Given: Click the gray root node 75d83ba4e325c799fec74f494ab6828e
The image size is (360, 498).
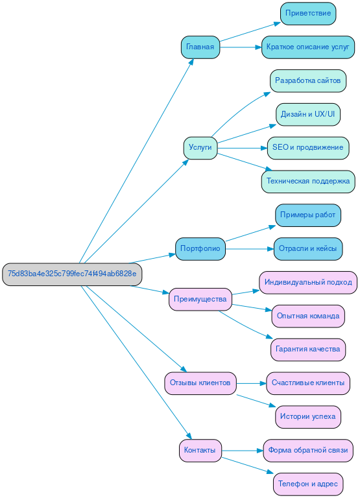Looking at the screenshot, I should [72, 274].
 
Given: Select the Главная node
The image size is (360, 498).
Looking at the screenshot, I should [200, 47].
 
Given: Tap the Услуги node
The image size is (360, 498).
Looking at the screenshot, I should [200, 148].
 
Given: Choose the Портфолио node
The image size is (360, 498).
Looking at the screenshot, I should [200, 248].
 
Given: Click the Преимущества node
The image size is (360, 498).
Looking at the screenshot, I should [200, 299].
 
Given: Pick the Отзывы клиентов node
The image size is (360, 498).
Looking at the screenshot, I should [200, 383].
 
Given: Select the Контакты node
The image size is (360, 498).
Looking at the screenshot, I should [200, 450].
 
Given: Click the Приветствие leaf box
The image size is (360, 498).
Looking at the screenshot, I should [308, 14].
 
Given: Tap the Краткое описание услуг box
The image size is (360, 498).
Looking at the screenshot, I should [308, 47].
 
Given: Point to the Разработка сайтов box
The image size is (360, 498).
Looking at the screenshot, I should [308, 81].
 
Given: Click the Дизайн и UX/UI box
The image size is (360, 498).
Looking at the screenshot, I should [308, 114].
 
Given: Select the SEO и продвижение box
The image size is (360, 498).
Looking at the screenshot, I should [308, 148].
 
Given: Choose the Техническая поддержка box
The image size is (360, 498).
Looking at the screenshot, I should [308, 182].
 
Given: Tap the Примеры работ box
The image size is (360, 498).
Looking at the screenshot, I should [308, 215].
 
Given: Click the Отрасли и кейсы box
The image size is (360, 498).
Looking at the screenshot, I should [308, 248].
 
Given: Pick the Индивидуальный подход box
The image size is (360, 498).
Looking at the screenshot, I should [308, 283].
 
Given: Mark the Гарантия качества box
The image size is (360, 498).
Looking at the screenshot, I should [308, 350].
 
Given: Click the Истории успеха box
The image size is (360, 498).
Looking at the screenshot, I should [308, 416].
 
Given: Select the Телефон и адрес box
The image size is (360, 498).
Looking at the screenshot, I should [308, 484].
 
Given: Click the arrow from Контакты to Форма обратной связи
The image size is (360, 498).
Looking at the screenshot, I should [243, 450].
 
